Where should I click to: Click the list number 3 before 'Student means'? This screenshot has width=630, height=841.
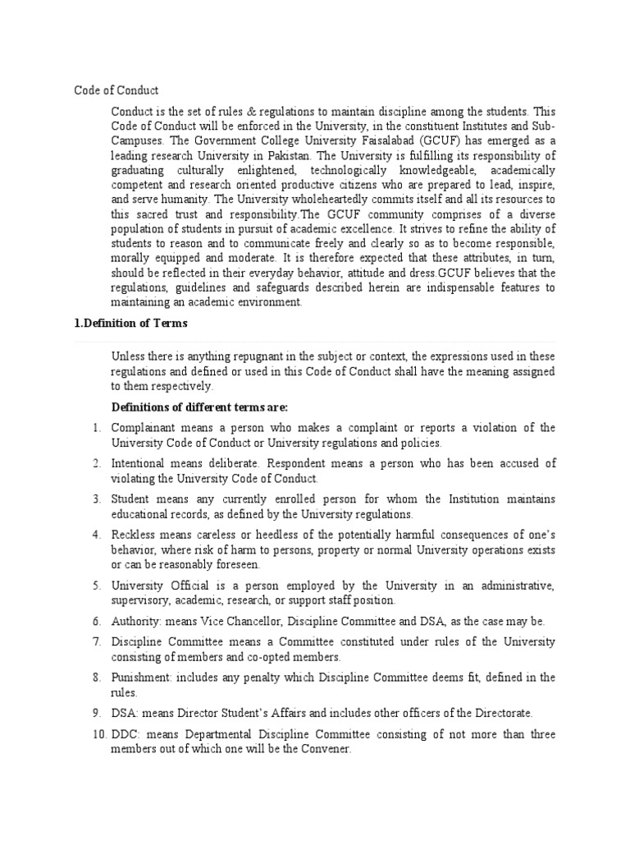pos(96,499)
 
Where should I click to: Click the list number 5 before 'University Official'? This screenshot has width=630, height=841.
pos(96,586)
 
